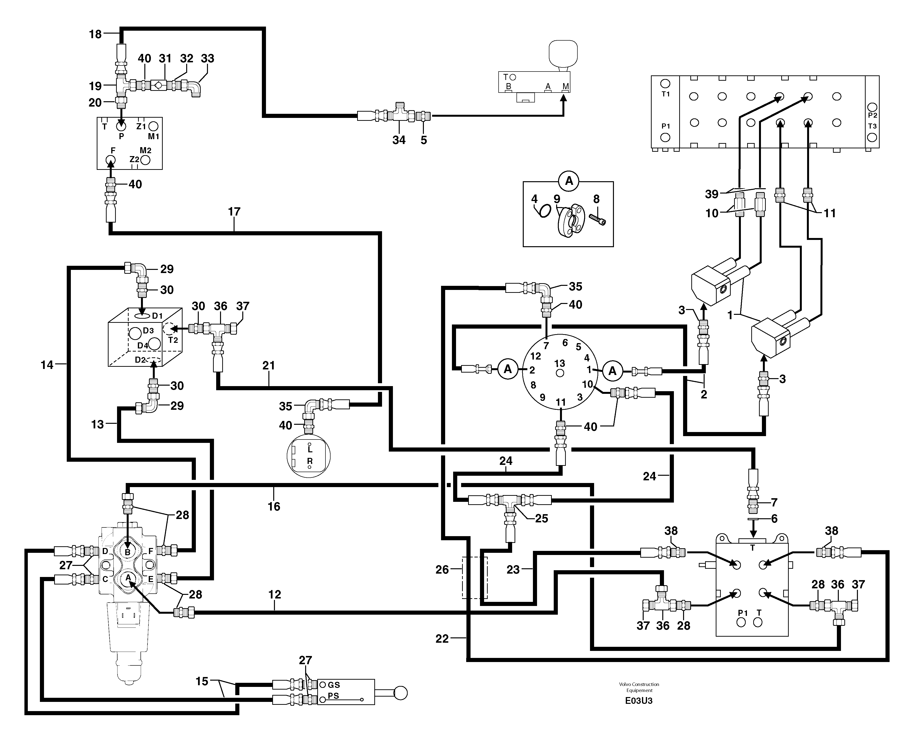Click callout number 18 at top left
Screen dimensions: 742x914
pyautogui.click(x=95, y=34)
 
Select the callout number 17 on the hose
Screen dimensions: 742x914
pyautogui.click(x=234, y=212)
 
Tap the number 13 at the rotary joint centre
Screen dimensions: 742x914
pyautogui.click(x=560, y=364)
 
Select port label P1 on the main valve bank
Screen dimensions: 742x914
pyautogui.click(x=665, y=127)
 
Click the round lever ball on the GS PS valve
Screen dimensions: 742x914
pyautogui.click(x=400, y=693)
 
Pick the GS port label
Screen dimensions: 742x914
pyautogui.click(x=334, y=685)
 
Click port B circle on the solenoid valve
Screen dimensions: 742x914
pyautogui.click(x=127, y=552)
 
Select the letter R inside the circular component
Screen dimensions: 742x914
pyautogui.click(x=310, y=461)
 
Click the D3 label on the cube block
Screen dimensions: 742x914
pyautogui.click(x=148, y=330)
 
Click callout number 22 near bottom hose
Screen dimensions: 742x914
pyautogui.click(x=442, y=639)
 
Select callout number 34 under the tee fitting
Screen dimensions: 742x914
pyautogui.click(x=399, y=140)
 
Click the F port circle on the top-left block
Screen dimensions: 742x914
pyautogui.click(x=111, y=160)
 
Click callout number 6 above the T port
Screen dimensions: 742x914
pyautogui.click(x=774, y=519)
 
